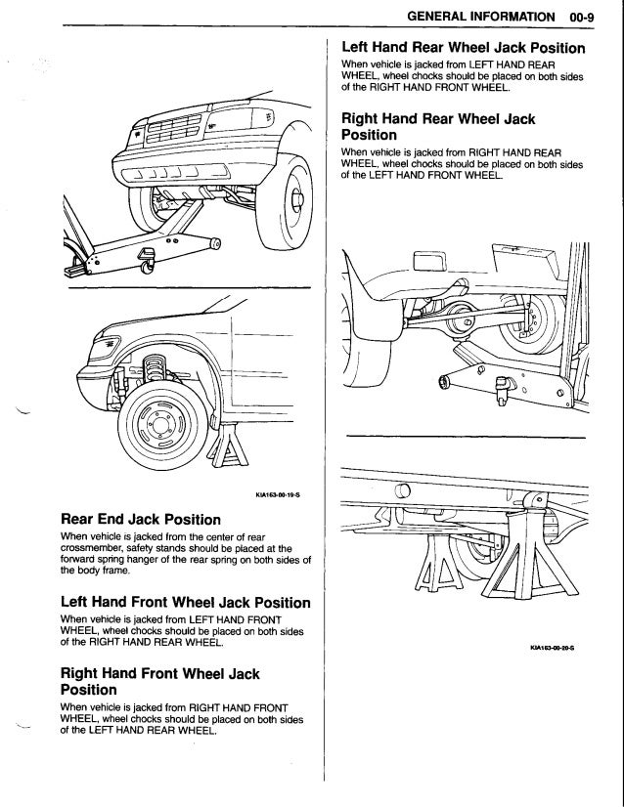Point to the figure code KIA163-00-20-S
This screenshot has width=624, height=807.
coord(552,647)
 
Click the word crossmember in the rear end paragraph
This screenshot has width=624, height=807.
coord(99,550)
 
